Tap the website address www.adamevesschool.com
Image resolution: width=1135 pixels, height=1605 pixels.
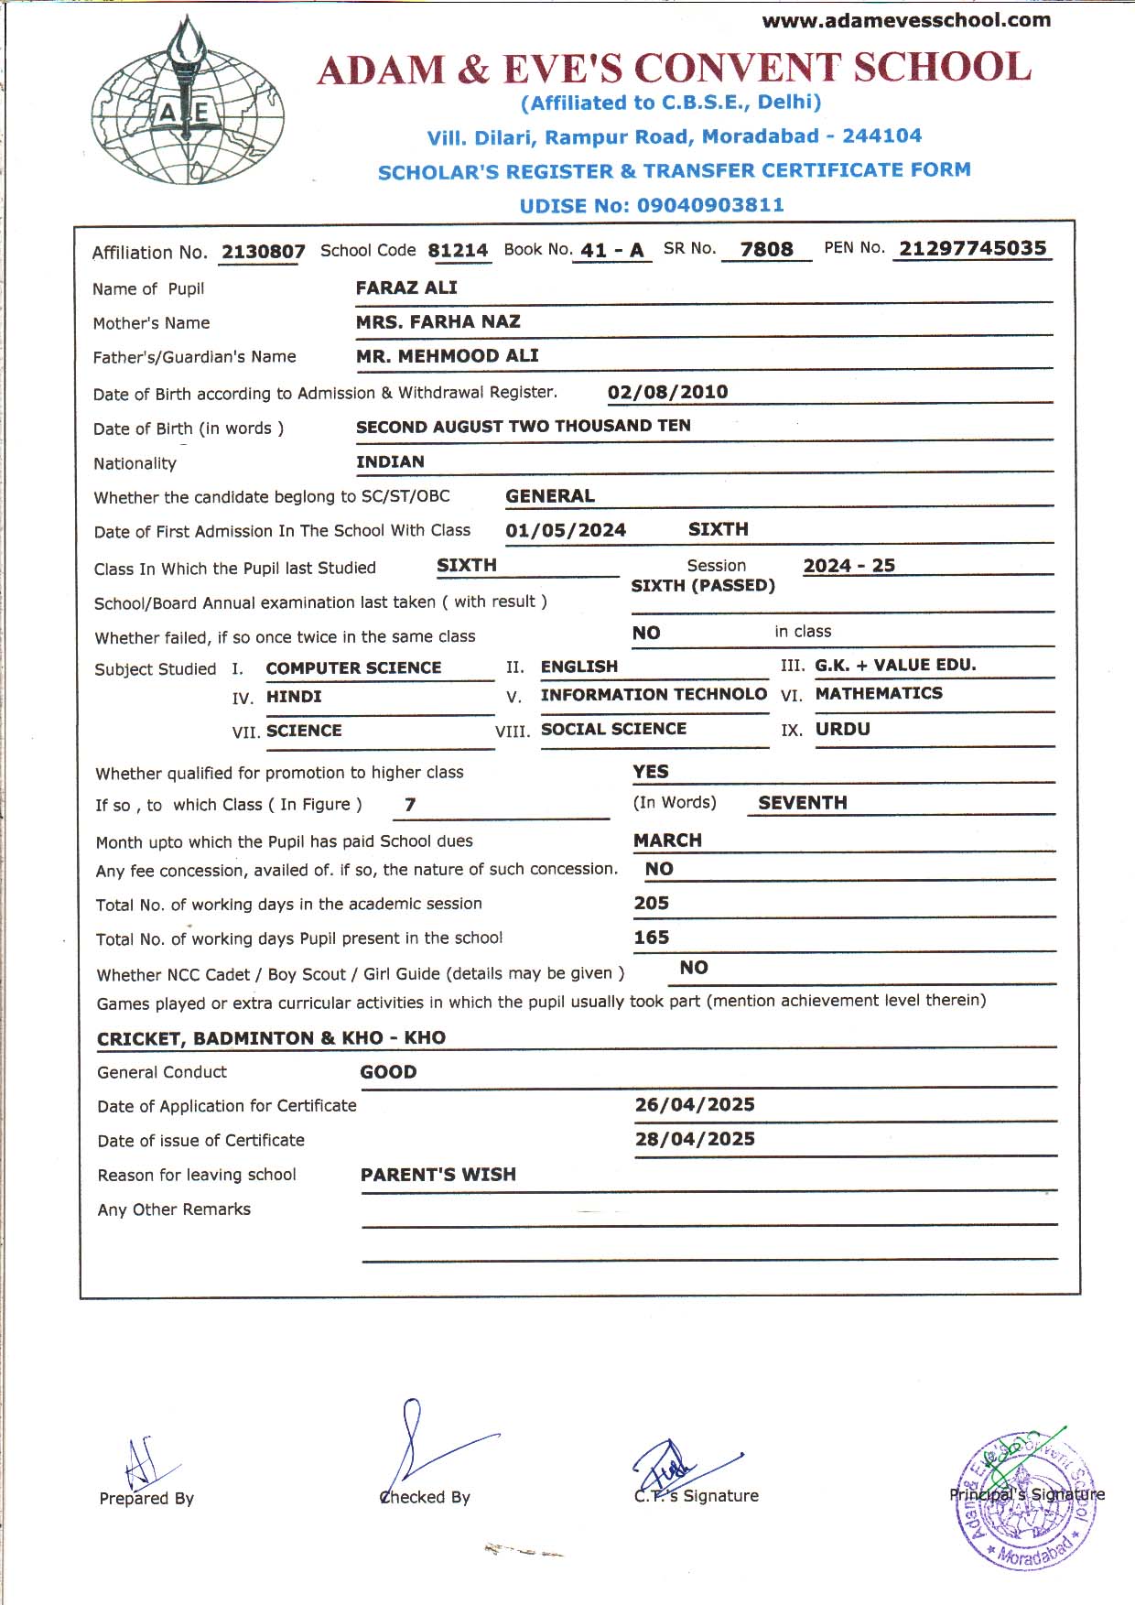(x=906, y=20)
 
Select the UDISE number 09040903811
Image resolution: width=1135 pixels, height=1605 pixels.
(x=710, y=205)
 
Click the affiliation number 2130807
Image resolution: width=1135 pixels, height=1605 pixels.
(x=263, y=252)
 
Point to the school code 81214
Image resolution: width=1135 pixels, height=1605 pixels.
(x=458, y=250)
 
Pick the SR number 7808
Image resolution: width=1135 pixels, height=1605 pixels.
(x=766, y=249)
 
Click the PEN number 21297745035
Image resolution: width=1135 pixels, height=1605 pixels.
(x=972, y=248)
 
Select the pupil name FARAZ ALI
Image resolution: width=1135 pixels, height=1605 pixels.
(x=406, y=287)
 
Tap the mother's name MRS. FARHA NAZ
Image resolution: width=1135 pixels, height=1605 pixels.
(x=438, y=321)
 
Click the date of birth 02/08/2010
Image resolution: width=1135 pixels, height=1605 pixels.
(x=667, y=392)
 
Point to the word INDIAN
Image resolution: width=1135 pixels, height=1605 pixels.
(x=390, y=461)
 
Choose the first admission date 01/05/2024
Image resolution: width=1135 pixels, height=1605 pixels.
(x=566, y=530)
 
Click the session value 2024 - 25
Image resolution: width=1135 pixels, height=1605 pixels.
(x=849, y=565)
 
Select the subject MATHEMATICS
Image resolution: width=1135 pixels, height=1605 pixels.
(x=879, y=693)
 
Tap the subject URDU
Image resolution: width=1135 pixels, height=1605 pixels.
(x=843, y=729)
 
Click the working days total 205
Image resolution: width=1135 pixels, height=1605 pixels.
(x=651, y=903)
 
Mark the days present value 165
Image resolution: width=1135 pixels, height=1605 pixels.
(x=651, y=938)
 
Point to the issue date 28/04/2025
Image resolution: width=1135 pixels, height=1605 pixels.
(x=695, y=1139)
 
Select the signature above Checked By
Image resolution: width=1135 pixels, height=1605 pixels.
(x=430, y=1447)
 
